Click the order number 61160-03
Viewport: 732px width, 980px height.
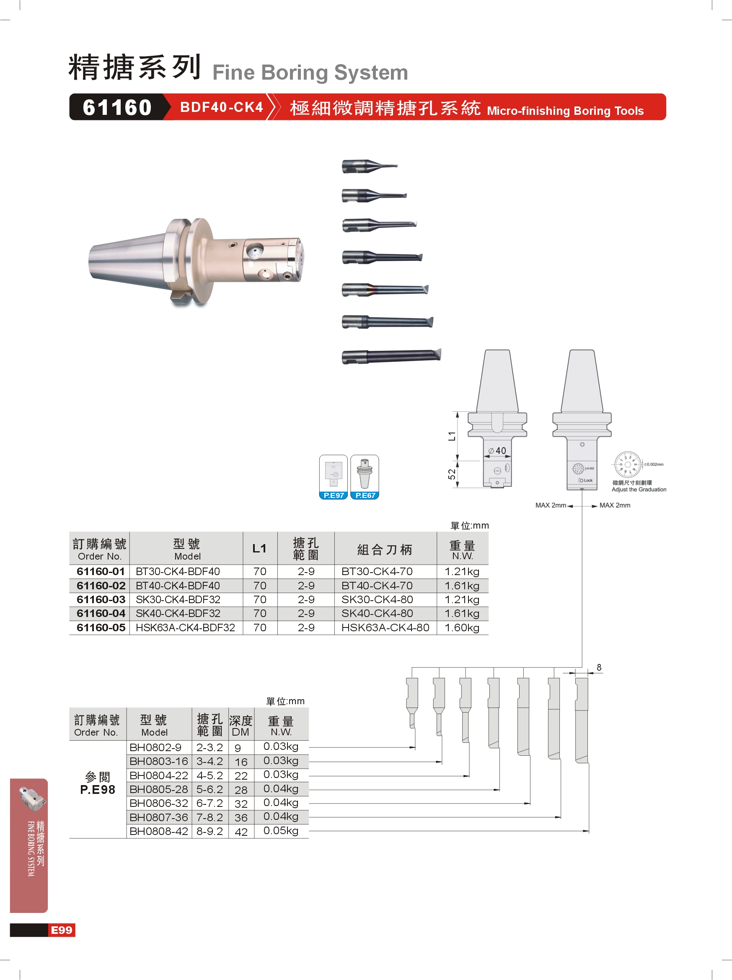101,599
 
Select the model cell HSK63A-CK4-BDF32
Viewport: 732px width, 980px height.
185,628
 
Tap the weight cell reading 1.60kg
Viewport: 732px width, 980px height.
462,628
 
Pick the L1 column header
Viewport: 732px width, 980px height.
259,549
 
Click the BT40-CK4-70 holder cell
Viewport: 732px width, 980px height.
377,586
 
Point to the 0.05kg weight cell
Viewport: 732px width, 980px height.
281,831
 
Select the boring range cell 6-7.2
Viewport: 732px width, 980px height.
210,803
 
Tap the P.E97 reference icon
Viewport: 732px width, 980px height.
334,477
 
